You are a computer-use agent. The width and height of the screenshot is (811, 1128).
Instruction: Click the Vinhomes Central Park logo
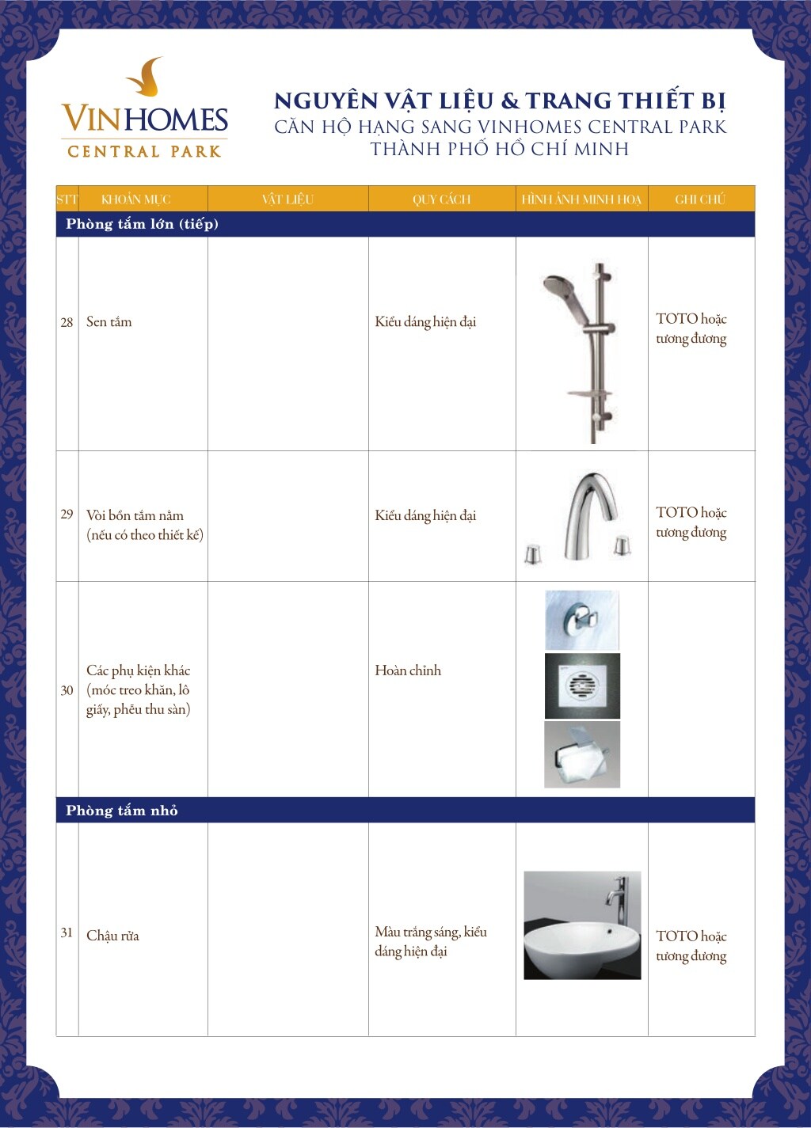click(144, 111)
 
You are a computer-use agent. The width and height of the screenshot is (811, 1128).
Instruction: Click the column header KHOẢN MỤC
click(135, 199)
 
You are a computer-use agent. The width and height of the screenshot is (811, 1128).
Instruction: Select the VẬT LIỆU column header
click(287, 199)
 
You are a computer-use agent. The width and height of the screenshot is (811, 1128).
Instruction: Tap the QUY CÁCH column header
click(441, 199)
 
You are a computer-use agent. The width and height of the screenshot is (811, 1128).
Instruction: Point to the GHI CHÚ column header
click(700, 199)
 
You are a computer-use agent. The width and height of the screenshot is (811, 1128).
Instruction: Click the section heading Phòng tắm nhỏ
click(122, 811)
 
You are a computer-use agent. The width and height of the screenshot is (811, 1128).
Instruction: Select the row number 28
click(67, 322)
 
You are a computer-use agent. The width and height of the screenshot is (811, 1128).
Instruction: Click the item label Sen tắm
click(109, 322)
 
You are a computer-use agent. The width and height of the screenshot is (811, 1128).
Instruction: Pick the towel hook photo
click(582, 621)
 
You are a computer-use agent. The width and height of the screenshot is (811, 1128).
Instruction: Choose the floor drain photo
click(582, 686)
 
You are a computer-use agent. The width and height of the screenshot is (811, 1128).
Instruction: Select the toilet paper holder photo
click(582, 754)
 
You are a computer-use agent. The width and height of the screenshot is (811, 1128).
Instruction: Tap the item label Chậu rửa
click(112, 936)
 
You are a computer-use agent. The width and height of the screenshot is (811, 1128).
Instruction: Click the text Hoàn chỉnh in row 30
click(408, 670)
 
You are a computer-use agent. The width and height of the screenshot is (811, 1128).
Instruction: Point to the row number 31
click(67, 932)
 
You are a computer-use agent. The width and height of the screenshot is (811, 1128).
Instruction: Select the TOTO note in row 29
click(691, 522)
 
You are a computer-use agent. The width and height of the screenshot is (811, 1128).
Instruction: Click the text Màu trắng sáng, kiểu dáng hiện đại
click(430, 941)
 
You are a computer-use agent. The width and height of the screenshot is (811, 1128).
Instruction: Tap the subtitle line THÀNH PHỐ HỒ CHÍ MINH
click(499, 149)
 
